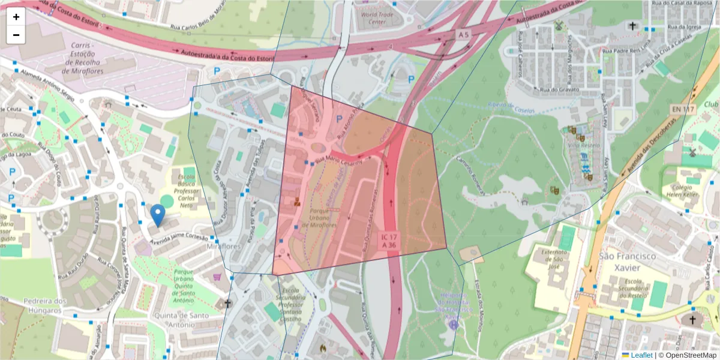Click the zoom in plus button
(x=16, y=17)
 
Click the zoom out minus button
(x=16, y=35)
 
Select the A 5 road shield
(x=463, y=35)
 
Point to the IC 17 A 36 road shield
(x=388, y=241)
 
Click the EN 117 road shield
(x=683, y=109)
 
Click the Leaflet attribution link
(x=641, y=355)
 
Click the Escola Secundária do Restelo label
(x=627, y=290)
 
